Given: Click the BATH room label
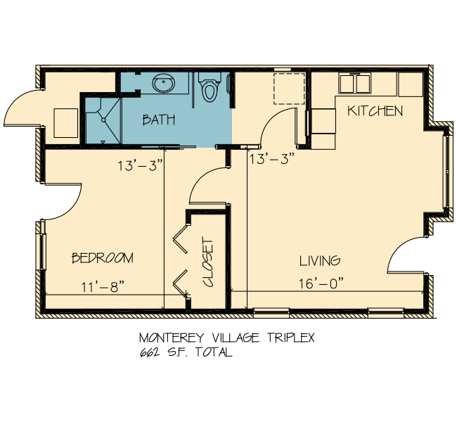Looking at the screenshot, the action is [159, 120].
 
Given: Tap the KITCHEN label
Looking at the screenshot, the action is [375, 111].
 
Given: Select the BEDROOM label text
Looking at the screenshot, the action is [103, 258].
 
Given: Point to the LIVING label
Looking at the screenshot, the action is [320, 260].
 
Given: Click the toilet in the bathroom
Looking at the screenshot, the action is [209, 87].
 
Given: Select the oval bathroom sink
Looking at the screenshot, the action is [164, 83].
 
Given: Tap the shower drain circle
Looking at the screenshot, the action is [103, 120].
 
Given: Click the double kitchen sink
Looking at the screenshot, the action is [354, 84].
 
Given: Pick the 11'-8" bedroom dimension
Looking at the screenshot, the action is [103, 287].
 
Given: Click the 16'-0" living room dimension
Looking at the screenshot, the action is [321, 283].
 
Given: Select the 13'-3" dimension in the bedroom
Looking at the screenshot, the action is [140, 166].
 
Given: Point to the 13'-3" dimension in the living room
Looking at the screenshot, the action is [273, 159].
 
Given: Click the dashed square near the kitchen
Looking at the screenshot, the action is [289, 89].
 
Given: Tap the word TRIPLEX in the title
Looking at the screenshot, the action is [291, 338].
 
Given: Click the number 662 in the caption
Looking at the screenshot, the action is [150, 352].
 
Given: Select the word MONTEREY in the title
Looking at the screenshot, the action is [172, 338].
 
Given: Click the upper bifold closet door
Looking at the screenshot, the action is [181, 239].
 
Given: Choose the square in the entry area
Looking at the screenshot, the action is [66, 123].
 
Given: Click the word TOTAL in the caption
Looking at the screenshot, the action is [214, 352].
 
